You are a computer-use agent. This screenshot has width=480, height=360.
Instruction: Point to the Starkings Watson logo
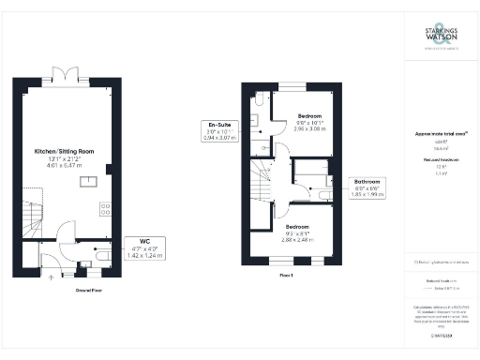point(440,38)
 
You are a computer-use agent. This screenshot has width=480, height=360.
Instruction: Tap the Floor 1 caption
point(286,276)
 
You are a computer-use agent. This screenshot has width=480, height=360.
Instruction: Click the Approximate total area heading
point(440,134)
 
